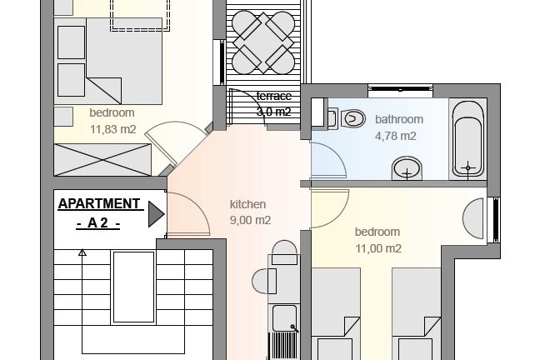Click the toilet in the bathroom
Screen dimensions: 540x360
(x=352, y=119)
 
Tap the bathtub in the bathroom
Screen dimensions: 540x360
(x=467, y=139)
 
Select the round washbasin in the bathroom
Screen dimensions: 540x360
(x=407, y=168)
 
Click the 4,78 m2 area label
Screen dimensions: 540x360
(x=395, y=136)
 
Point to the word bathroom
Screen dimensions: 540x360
(x=399, y=119)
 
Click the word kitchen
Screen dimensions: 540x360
(x=247, y=204)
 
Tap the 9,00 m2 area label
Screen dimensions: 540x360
(x=250, y=220)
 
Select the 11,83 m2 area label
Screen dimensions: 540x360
(x=113, y=129)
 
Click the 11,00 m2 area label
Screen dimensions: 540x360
(x=378, y=248)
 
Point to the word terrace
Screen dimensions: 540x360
(x=274, y=96)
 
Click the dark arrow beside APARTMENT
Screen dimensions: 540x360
(x=156, y=214)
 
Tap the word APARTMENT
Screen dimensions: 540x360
(x=99, y=203)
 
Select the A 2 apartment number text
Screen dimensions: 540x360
(x=97, y=223)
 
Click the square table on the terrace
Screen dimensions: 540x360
(x=263, y=42)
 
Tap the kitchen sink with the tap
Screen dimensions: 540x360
(x=284, y=318)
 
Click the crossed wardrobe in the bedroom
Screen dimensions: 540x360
(x=102, y=160)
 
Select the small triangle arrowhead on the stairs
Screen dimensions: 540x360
(x=82, y=253)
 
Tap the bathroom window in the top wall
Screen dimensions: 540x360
(x=400, y=89)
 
